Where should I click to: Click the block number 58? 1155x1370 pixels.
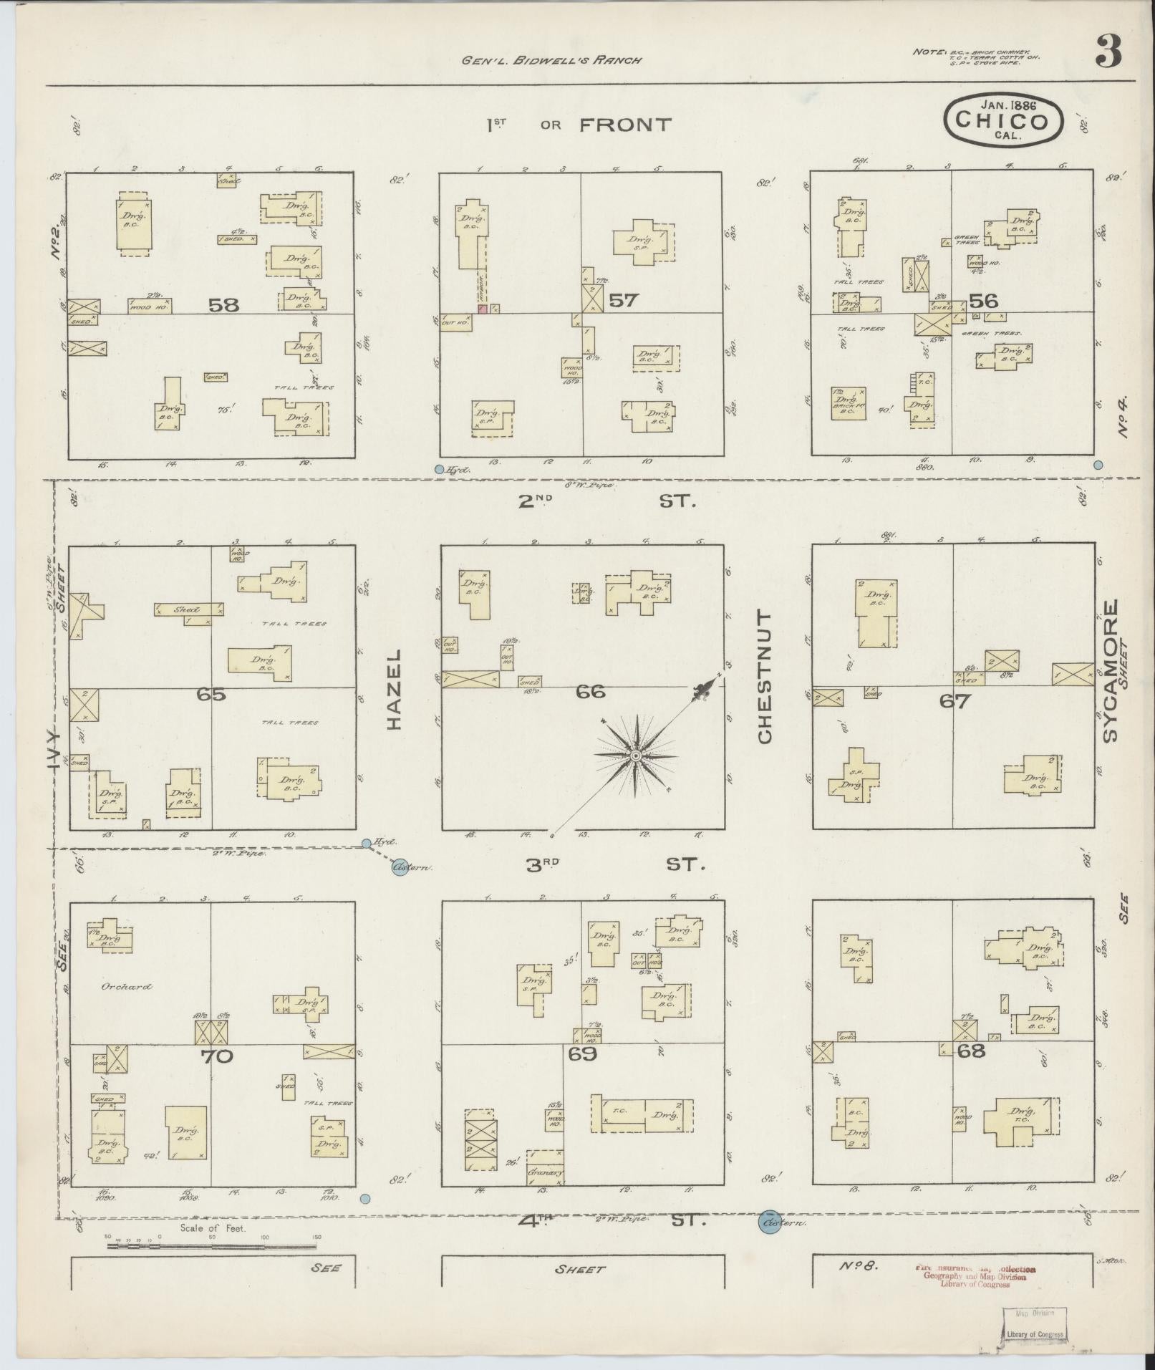[223, 305]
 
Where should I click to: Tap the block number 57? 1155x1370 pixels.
[622, 300]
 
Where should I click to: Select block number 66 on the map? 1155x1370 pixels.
[591, 692]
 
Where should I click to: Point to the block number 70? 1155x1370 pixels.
[217, 1056]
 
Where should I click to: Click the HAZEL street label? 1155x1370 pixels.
[395, 690]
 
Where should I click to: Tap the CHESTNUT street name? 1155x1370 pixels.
[765, 677]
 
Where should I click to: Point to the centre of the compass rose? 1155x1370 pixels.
[635, 756]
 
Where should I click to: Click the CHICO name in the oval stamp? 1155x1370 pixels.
[1002, 120]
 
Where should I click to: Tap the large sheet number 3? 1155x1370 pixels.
[1108, 52]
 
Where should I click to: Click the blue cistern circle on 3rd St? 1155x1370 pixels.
[401, 868]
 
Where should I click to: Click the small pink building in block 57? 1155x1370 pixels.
[483, 309]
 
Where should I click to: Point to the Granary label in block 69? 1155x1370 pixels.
[546, 1173]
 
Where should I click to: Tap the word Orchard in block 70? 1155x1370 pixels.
[126, 986]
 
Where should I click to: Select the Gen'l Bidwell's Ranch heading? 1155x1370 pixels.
[551, 60]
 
